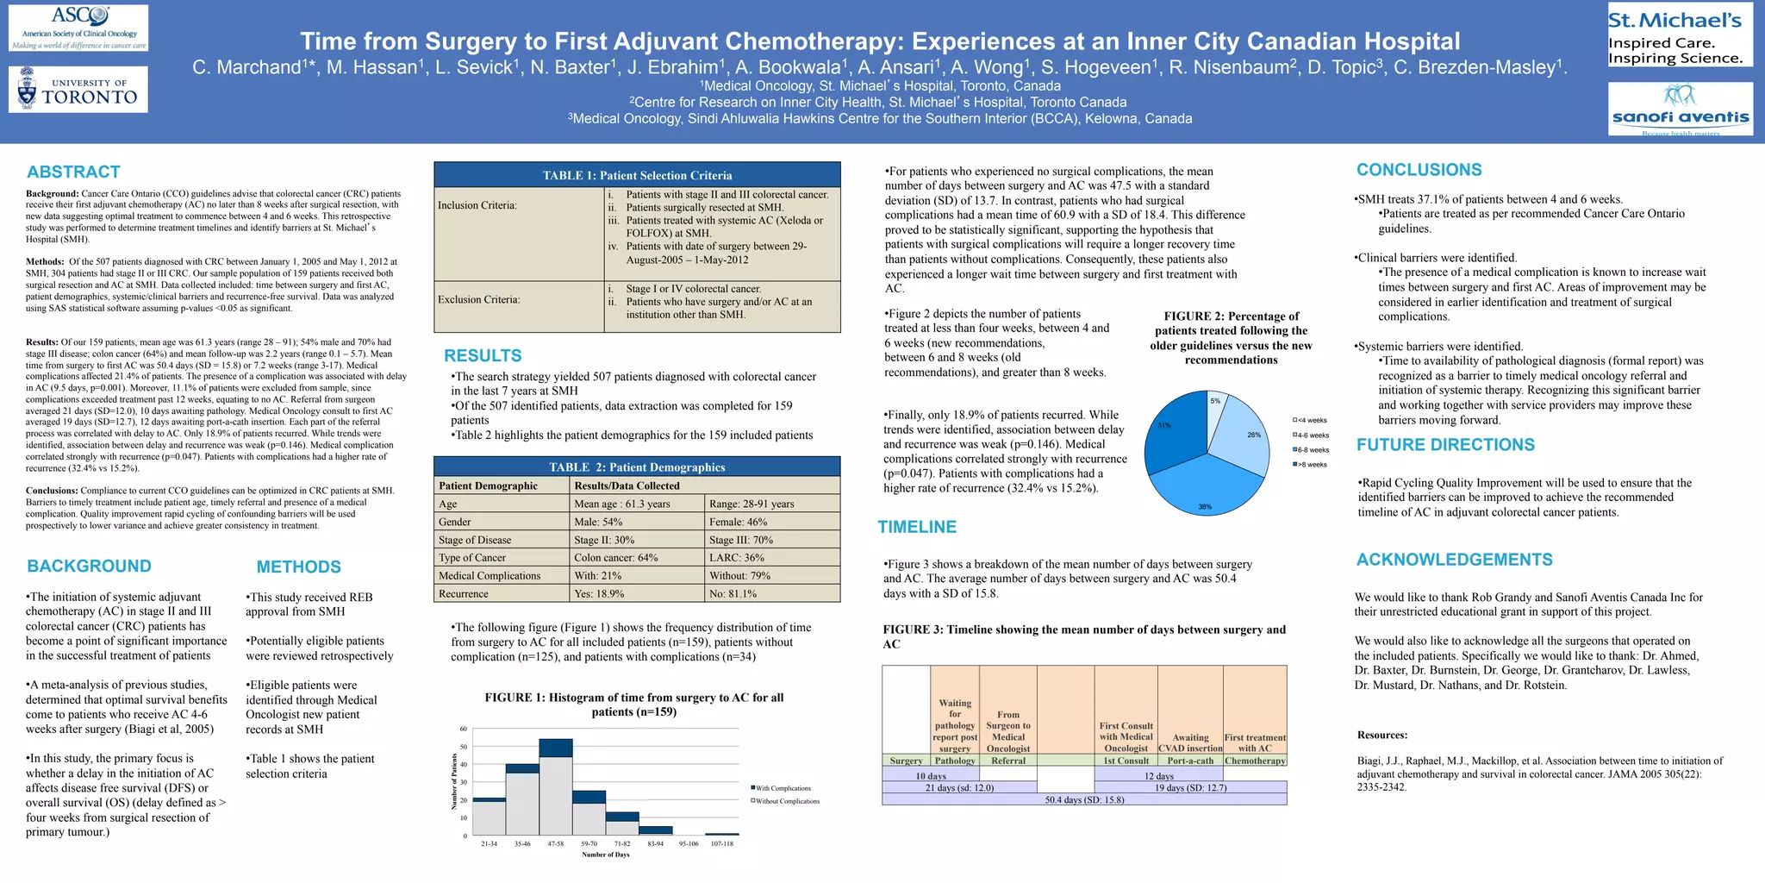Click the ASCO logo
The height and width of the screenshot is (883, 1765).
[78, 28]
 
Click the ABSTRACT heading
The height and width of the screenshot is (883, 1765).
[73, 172]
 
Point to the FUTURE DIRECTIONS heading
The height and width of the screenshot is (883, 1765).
[1445, 445]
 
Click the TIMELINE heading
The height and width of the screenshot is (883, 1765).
[917, 527]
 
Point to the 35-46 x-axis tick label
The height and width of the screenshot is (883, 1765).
[522, 843]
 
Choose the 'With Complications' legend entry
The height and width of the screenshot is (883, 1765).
[782, 788]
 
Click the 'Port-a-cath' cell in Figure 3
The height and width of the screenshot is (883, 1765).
[1190, 761]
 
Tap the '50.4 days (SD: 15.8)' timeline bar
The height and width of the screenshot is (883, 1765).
[1084, 799]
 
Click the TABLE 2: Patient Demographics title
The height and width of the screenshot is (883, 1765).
[637, 467]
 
